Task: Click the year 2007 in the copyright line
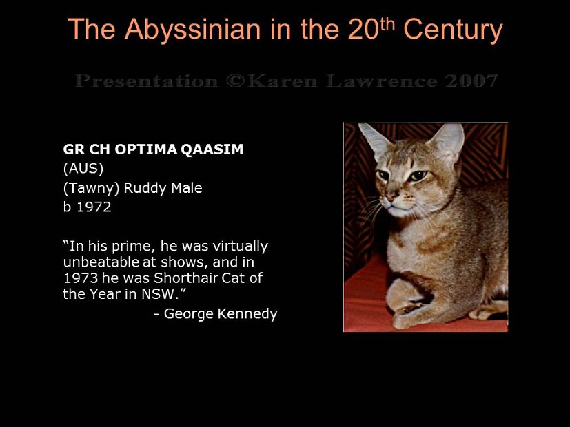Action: point(471,81)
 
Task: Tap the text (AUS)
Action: point(83,169)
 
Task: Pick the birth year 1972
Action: point(93,207)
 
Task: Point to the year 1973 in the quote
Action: point(80,278)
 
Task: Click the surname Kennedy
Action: point(250,315)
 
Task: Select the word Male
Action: point(187,188)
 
